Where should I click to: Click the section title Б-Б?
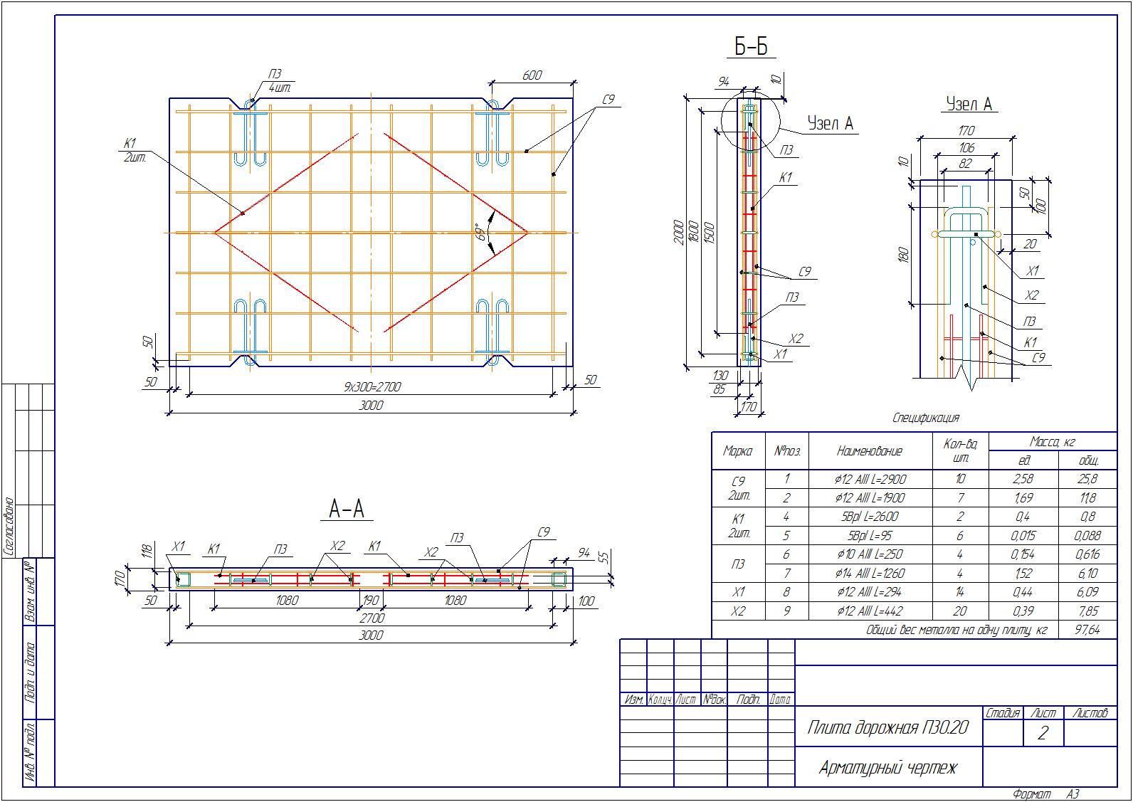[752, 47]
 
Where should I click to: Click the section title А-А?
[347, 509]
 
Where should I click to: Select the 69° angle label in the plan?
[483, 233]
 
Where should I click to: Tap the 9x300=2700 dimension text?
[372, 387]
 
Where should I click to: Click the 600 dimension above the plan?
[532, 75]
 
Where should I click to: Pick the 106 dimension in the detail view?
[966, 148]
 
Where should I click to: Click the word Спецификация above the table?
[925, 418]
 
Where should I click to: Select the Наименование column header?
[870, 450]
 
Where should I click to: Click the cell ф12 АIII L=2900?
[870, 479]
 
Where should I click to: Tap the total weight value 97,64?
[1087, 630]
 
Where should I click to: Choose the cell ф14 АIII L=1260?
[870, 573]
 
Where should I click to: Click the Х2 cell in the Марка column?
[738, 611]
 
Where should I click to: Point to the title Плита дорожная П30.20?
[887, 727]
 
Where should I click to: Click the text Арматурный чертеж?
[887, 768]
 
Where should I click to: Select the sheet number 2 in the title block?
[1043, 734]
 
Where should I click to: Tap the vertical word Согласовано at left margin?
[10, 526]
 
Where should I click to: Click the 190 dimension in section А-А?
[371, 601]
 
